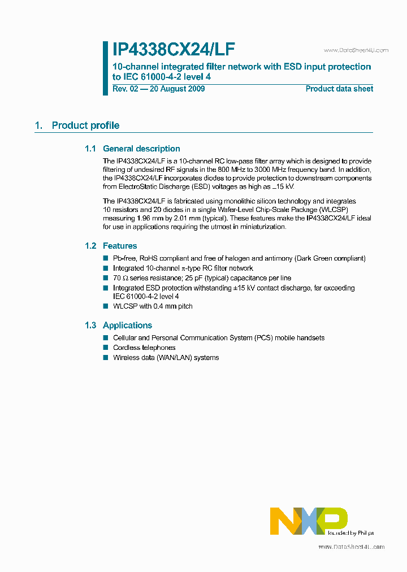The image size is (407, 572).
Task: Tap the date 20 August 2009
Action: point(175,89)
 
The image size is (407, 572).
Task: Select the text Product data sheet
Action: point(339,89)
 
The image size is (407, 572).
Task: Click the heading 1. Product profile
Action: point(77,125)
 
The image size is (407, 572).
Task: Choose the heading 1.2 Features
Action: point(111,246)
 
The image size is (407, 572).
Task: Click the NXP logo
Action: point(309,521)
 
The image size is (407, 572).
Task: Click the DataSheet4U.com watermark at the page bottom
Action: point(351,547)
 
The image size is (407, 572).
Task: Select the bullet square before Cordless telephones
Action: point(105,348)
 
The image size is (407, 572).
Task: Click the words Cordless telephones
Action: point(144,348)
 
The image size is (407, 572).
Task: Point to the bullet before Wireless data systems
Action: point(105,358)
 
